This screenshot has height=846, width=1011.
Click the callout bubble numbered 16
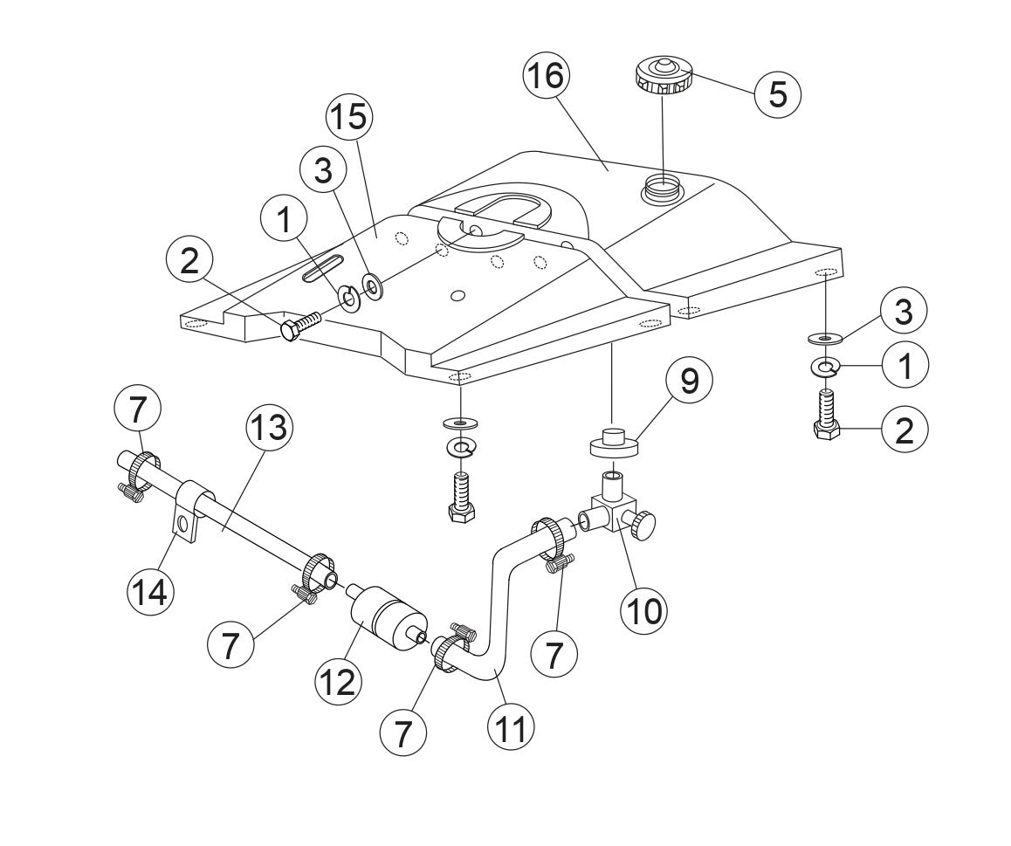(x=546, y=77)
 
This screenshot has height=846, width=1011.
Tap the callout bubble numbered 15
(x=349, y=117)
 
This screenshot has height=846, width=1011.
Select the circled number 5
(x=777, y=93)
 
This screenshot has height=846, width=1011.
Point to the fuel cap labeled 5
(x=663, y=76)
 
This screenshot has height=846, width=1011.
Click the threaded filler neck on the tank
(x=663, y=188)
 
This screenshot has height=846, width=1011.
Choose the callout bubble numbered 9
(x=689, y=382)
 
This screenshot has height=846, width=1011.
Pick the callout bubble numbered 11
(x=510, y=727)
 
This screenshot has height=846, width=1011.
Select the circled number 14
(x=150, y=591)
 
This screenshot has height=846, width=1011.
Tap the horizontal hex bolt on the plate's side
(x=299, y=327)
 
